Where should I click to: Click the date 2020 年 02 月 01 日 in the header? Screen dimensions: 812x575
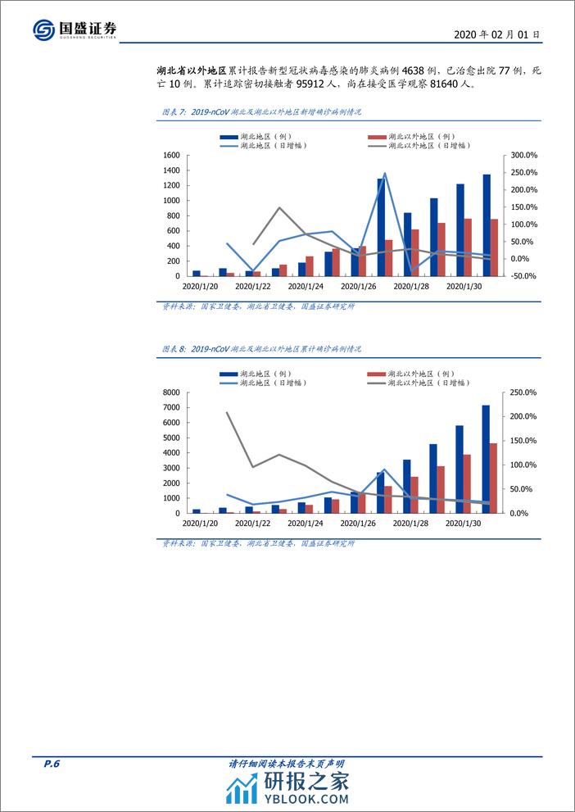[x=496, y=35]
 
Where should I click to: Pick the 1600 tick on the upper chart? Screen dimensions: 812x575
[x=170, y=155]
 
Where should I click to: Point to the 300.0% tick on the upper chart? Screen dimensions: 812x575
[x=522, y=155]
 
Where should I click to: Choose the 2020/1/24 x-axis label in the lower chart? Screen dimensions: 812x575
[x=305, y=524]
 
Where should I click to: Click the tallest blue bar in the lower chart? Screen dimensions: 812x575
[x=486, y=459]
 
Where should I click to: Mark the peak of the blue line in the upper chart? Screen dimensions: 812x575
[x=385, y=173]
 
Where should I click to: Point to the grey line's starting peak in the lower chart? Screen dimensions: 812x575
[x=226, y=412]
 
